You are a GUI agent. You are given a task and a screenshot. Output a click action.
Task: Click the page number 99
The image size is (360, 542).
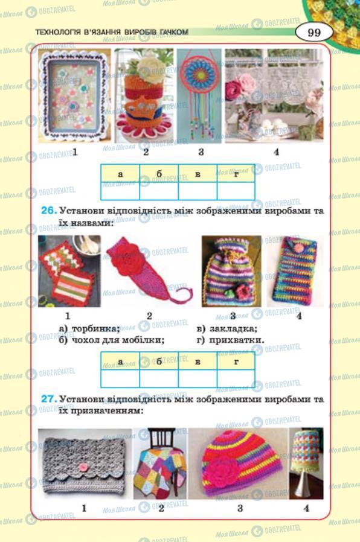[313, 32]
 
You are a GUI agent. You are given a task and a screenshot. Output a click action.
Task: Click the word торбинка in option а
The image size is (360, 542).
[95, 328]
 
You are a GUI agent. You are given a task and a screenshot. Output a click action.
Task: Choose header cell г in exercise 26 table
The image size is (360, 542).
[236, 362]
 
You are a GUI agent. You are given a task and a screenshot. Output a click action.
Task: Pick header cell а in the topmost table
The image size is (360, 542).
[120, 173]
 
